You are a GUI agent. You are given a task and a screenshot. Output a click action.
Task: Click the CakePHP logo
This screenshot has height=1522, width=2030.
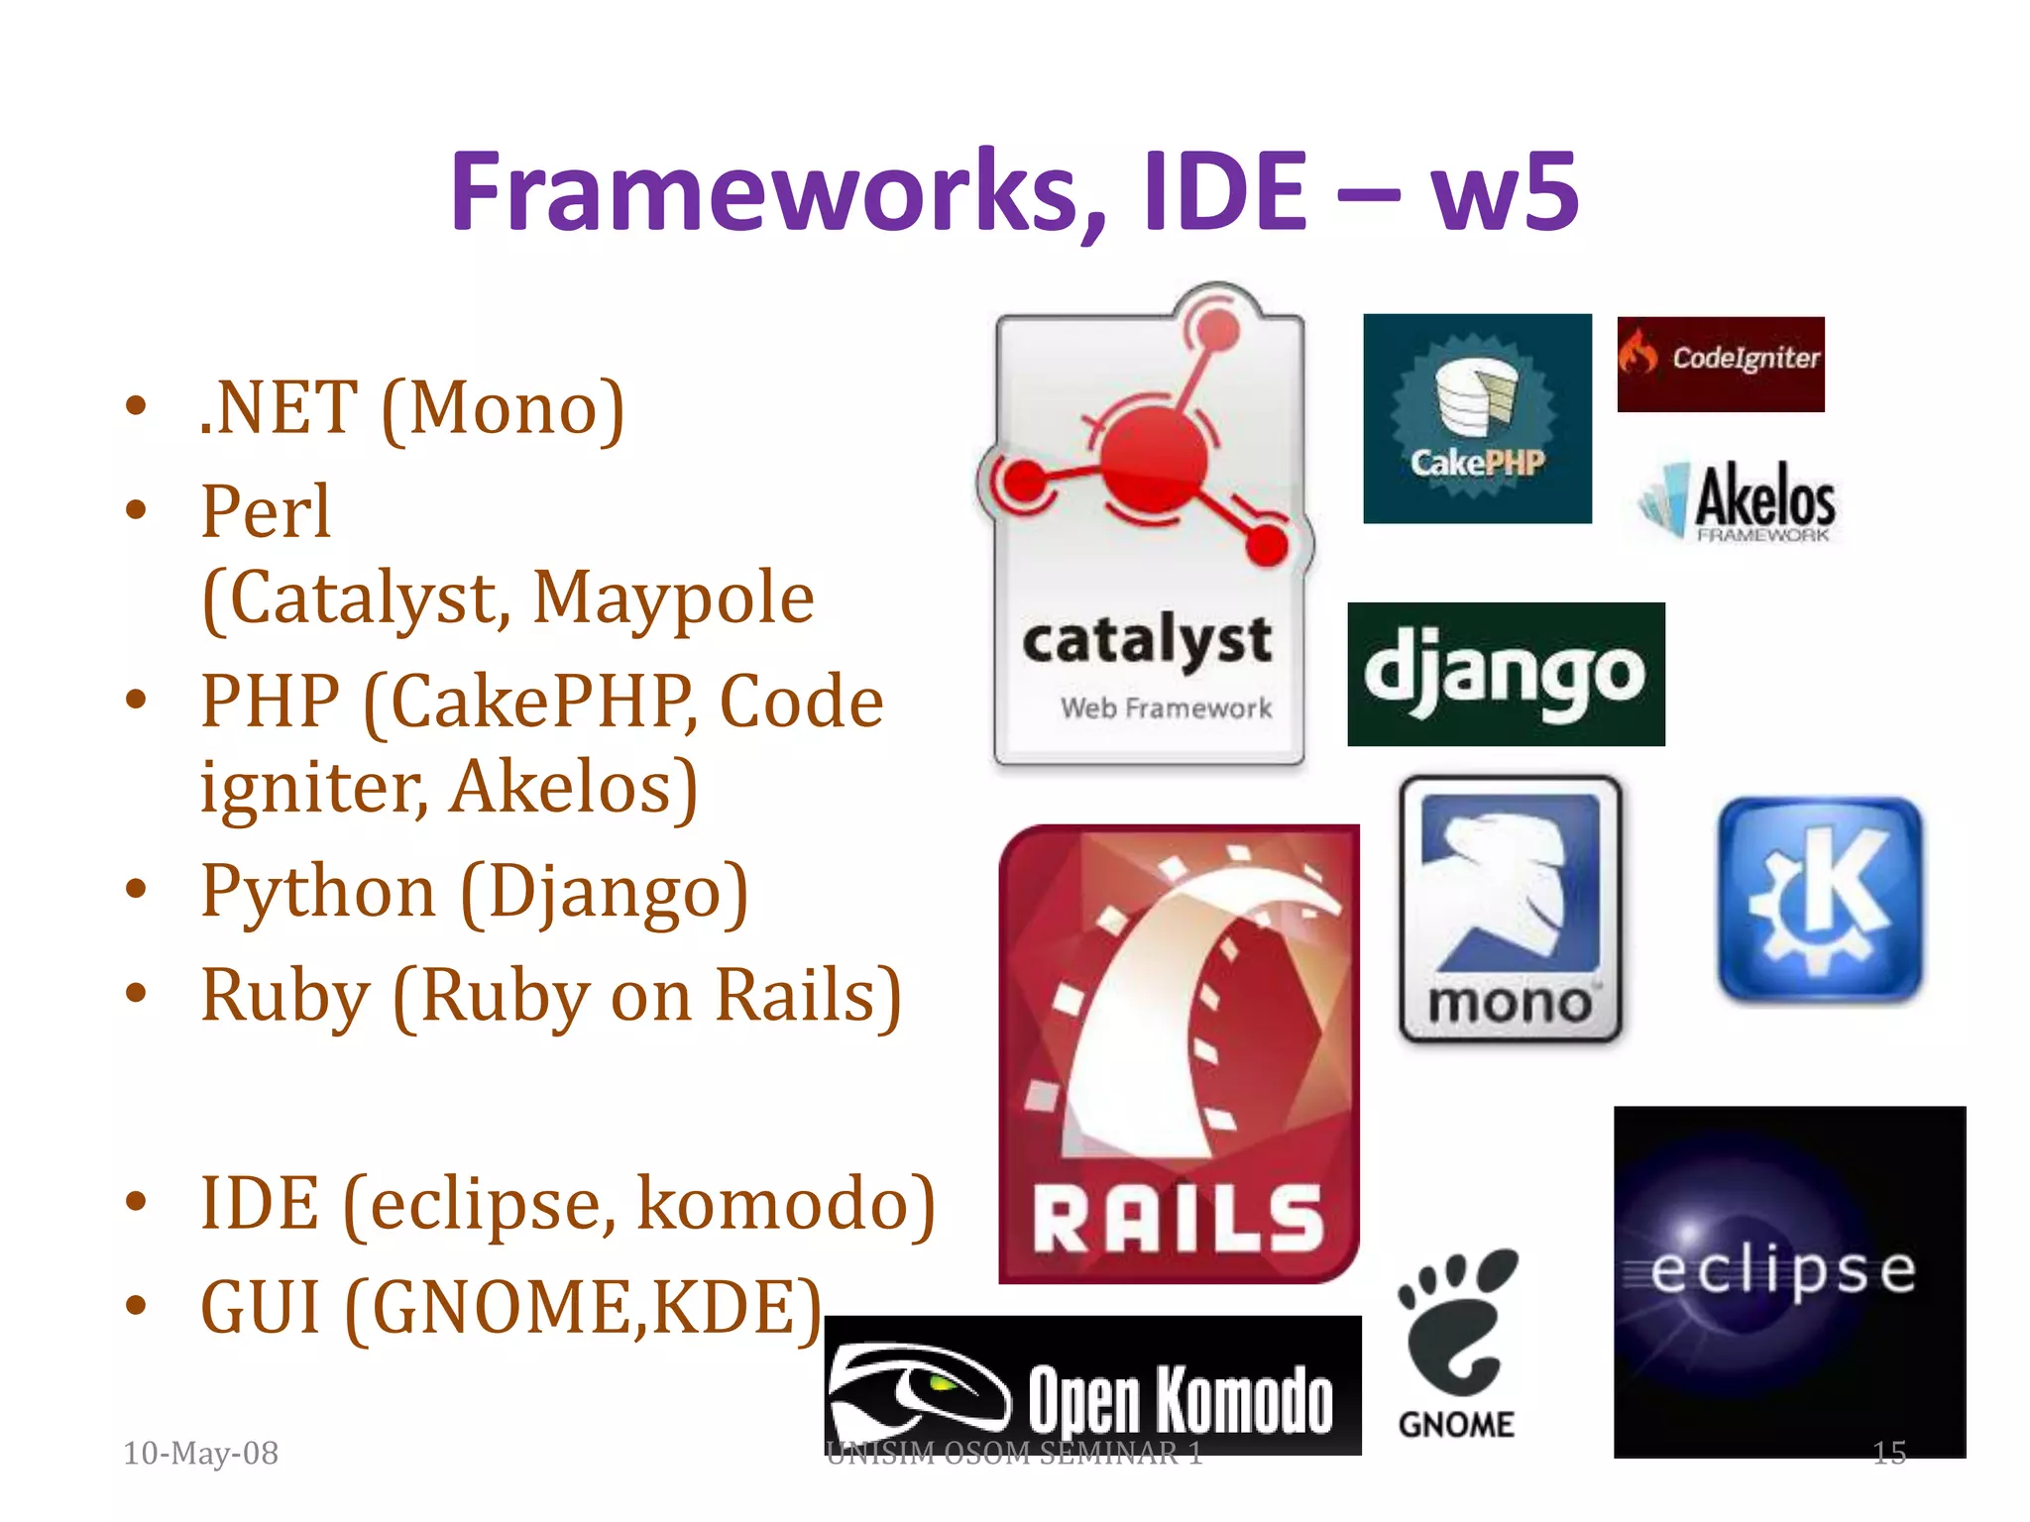pos(1477,418)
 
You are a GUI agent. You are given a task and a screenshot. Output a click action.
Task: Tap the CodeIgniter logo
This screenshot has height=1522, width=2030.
pos(1720,364)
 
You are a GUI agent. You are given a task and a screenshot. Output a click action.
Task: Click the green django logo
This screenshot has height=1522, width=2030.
pos(1505,674)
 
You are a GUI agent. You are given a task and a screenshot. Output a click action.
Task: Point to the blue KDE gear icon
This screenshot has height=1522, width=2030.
pos(1819,900)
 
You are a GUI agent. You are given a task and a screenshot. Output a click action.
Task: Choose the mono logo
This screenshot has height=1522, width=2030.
pos(1510,909)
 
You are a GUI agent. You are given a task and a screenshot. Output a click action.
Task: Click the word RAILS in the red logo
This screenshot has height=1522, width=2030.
pos(1178,1219)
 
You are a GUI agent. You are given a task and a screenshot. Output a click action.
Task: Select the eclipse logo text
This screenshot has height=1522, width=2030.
pos(1782,1271)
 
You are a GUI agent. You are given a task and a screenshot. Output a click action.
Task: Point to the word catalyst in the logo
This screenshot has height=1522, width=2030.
pos(1147,640)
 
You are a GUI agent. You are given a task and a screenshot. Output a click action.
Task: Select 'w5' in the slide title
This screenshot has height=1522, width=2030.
pos(1505,191)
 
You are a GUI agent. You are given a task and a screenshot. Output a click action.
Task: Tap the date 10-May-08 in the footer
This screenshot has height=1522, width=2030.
pos(200,1453)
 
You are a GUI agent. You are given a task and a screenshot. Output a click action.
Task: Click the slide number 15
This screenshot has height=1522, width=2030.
pos(1888,1453)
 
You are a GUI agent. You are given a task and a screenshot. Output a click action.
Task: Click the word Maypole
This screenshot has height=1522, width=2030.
pos(673,598)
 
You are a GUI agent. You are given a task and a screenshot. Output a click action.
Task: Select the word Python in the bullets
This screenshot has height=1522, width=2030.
pos(318,891)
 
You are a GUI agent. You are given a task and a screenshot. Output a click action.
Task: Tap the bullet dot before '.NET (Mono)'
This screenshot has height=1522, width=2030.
pos(136,406)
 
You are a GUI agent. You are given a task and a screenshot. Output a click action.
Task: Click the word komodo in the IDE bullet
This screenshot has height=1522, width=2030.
pos(772,1203)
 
